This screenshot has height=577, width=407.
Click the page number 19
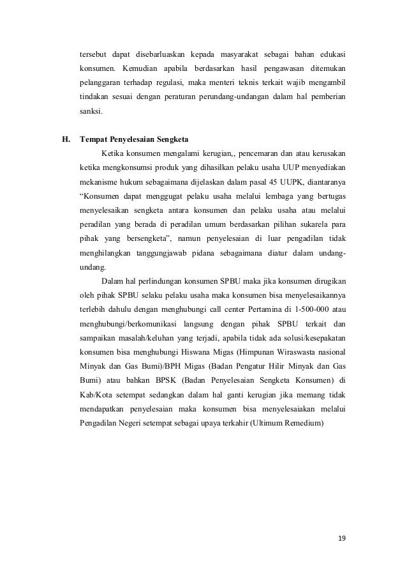[342, 539]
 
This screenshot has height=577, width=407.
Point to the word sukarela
[314, 224]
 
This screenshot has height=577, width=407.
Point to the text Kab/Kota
[96, 394]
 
